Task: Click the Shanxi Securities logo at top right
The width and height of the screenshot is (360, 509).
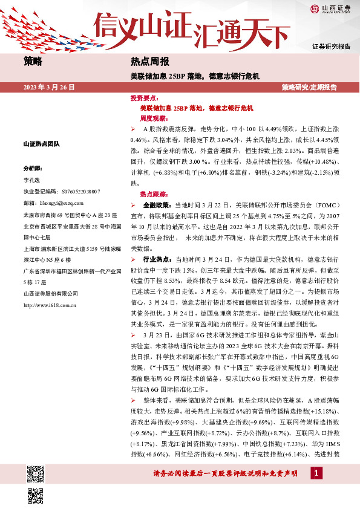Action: [330, 8]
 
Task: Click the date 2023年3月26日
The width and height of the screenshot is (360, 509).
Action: [49, 87]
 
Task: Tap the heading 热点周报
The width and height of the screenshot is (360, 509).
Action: [149, 62]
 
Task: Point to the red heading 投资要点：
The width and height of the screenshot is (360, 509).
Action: [145, 98]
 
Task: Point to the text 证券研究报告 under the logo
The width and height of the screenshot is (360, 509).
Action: [331, 46]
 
